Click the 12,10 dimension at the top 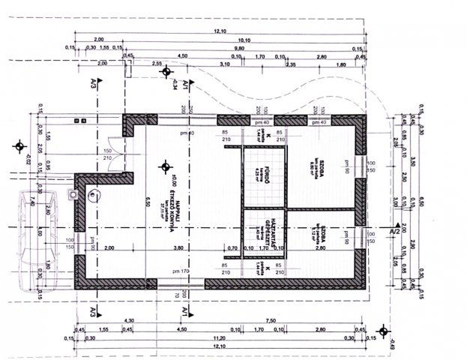tap(220, 31)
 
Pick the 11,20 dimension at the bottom tap(220, 337)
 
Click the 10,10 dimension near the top tap(244, 39)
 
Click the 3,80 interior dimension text tap(179, 247)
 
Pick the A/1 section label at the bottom tap(184, 310)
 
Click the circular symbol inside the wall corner tap(92, 196)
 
